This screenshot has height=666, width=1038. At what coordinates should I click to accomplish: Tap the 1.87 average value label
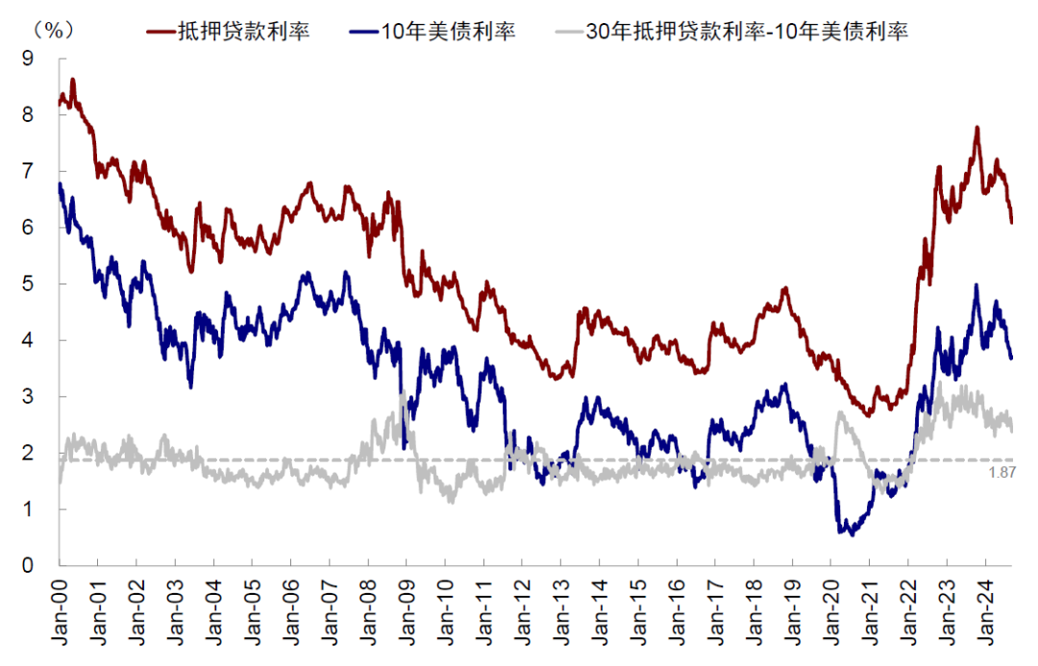tap(1002, 472)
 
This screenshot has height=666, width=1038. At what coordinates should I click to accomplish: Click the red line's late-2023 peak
tap(976, 128)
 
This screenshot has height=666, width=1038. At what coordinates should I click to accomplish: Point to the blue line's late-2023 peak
tap(976, 285)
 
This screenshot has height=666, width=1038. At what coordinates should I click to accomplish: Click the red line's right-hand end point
tap(1012, 222)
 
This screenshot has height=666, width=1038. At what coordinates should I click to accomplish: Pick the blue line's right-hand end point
tap(1012, 358)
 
